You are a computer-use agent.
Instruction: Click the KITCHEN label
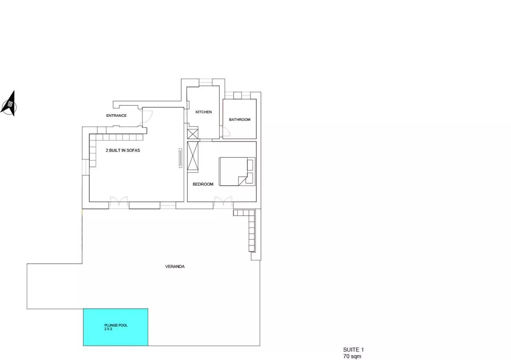point(204,112)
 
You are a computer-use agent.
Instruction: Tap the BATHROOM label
point(240,120)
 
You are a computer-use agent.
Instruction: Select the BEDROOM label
point(203,184)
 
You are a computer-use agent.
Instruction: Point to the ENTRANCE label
point(116,116)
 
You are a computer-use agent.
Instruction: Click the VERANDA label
point(175,266)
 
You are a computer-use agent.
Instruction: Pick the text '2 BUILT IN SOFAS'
point(123,150)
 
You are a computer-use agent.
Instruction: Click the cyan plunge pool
point(115,327)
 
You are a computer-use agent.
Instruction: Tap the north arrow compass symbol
point(9,104)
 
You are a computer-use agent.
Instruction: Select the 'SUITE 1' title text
point(353,350)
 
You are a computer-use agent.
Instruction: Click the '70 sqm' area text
point(352,356)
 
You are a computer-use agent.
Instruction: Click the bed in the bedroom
point(237,172)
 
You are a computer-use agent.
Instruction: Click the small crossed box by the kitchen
point(193,134)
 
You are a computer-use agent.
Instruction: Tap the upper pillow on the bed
point(250,165)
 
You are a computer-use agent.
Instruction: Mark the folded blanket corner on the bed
point(242,181)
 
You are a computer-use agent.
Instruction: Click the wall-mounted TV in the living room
point(180,158)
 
